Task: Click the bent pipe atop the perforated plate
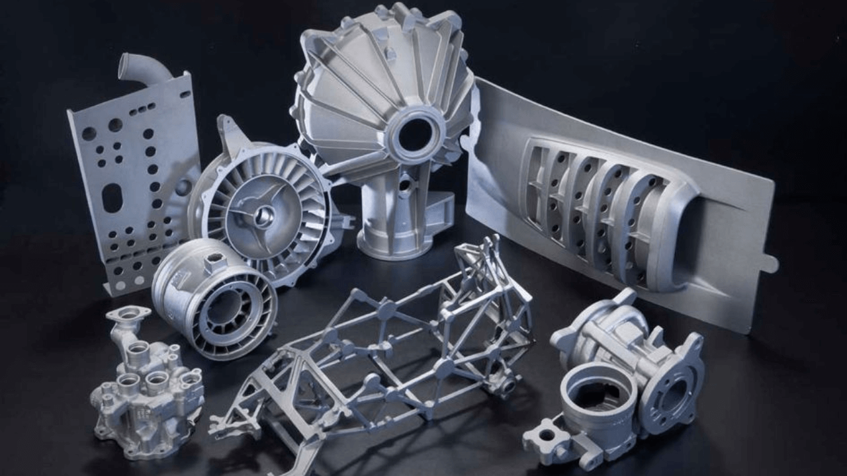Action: [142, 68]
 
